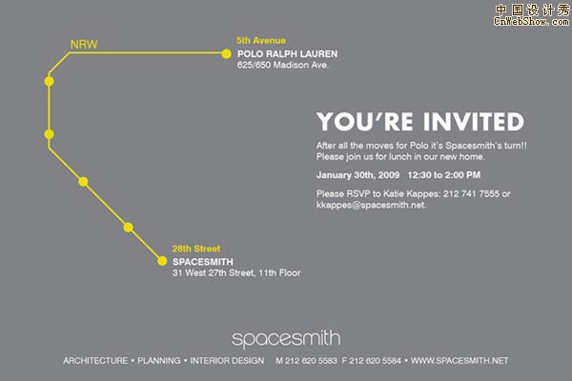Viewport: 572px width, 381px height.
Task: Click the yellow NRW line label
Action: click(84, 45)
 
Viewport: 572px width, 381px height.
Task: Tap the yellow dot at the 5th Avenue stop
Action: click(226, 54)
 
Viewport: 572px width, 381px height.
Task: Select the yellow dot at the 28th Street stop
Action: click(162, 261)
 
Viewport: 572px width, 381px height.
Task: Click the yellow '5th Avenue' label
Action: click(261, 40)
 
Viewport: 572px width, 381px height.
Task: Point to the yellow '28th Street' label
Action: click(196, 249)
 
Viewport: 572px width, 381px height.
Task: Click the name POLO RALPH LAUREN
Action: click(288, 54)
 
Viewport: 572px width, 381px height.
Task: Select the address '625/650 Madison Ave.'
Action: click(283, 65)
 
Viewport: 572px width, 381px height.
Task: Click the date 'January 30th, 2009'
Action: click(357, 175)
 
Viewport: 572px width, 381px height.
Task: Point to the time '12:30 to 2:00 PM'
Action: click(444, 175)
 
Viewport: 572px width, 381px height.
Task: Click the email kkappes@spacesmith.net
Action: click(371, 205)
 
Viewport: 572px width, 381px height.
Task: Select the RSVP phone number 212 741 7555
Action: click(471, 193)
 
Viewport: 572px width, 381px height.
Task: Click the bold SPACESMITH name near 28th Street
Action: click(203, 262)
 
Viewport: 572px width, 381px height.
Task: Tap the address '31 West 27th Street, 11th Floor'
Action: click(236, 272)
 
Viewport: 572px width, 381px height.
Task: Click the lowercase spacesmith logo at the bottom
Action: click(286, 339)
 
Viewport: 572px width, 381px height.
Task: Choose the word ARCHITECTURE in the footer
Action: click(95, 361)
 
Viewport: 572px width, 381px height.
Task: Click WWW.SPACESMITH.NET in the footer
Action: click(460, 361)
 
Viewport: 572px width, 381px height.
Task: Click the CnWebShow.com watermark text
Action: click(532, 21)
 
